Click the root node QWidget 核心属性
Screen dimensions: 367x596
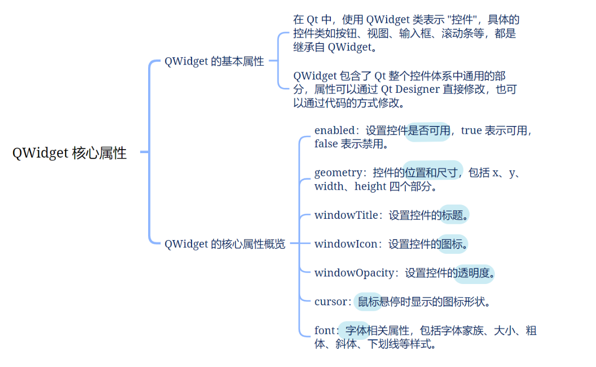[70, 153]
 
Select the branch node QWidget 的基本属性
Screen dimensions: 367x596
[214, 62]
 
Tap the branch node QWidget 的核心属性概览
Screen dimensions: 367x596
[225, 244]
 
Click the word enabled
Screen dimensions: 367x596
[334, 130]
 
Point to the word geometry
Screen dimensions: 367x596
[338, 172]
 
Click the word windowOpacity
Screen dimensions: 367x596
[354, 273]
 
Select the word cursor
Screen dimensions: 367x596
[330, 301]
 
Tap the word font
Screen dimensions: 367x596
[324, 330]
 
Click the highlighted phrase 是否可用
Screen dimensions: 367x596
[428, 131]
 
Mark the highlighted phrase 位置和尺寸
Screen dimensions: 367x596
[433, 172]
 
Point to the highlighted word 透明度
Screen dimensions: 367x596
[474, 273]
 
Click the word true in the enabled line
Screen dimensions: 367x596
[471, 130]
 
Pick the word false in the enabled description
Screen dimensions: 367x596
[326, 144]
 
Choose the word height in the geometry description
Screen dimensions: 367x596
[370, 186]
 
